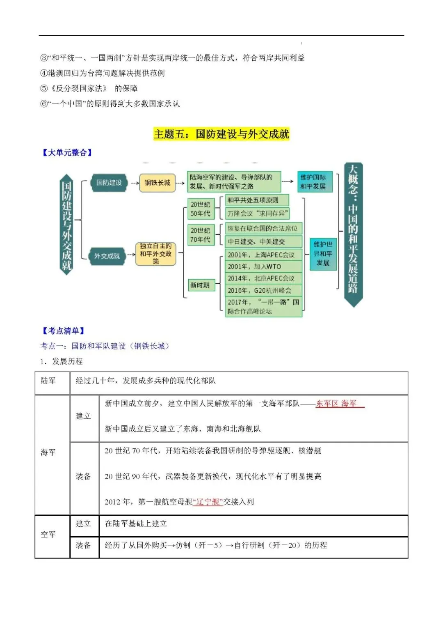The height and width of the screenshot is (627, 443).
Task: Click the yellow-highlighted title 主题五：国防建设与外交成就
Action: tap(221, 134)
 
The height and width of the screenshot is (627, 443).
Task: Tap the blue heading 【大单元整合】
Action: tap(67, 153)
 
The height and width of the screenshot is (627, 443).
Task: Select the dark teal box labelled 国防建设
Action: tap(109, 183)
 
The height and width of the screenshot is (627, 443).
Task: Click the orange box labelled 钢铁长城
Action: tap(157, 183)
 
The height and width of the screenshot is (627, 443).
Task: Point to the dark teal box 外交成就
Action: tap(107, 256)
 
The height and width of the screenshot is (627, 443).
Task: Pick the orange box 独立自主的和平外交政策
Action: tap(156, 253)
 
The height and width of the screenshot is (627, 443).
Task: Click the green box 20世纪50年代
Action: tap(200, 209)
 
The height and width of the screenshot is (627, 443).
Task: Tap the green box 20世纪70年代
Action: tap(200, 235)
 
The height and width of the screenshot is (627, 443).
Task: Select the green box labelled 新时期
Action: tap(200, 285)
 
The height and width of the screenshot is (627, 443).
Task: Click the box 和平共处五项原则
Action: tap(257, 200)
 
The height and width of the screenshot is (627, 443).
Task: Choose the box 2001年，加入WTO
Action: tap(263, 266)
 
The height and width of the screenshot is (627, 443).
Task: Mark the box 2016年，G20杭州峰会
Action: tap(263, 290)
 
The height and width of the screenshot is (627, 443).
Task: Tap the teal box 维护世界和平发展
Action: tap(323, 253)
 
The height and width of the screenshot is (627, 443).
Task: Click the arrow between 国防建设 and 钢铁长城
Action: tap(134, 183)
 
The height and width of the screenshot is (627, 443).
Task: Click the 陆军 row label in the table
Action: tap(48, 381)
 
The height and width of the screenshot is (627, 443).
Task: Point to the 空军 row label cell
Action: tap(48, 535)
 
